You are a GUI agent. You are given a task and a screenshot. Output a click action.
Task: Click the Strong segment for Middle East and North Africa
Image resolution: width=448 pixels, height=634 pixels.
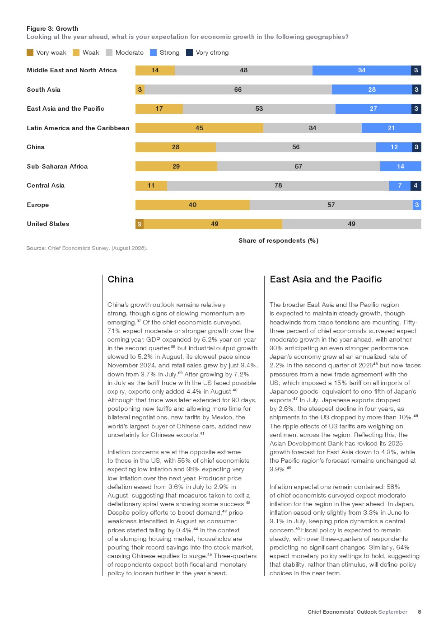(361, 70)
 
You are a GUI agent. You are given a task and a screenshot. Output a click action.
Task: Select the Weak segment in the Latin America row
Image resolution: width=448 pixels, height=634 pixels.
(199, 128)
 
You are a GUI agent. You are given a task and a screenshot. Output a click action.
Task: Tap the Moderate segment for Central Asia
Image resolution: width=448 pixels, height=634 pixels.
(278, 186)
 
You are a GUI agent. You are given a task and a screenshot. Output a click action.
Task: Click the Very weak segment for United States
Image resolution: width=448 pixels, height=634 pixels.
(140, 224)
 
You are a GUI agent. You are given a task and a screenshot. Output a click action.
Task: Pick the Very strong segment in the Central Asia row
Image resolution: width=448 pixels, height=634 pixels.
(416, 186)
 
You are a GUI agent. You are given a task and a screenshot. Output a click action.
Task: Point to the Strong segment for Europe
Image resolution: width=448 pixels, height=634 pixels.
(417, 205)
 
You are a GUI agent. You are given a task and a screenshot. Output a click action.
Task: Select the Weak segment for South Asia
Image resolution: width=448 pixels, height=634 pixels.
(140, 89)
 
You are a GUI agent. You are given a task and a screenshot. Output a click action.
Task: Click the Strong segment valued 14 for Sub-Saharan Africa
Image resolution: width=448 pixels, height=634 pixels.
(401, 166)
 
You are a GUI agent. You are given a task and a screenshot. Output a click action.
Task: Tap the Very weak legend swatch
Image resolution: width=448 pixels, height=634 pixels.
(30, 53)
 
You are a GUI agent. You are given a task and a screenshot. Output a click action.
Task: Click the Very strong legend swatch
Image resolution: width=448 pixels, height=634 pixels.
(190, 53)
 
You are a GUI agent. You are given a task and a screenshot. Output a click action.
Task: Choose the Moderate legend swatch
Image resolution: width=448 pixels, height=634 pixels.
(109, 53)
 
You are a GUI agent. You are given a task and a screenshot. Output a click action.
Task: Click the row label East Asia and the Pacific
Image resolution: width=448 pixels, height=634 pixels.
(65, 109)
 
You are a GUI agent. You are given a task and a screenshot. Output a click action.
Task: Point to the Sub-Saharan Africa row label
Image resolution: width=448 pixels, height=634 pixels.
(57, 166)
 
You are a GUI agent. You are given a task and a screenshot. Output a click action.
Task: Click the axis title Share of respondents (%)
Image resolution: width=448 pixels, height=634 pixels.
(278, 240)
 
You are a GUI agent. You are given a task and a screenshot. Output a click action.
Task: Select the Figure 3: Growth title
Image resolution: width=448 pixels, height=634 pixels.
(52, 28)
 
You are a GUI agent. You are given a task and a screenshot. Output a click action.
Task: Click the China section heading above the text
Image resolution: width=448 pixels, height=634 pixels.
(121, 279)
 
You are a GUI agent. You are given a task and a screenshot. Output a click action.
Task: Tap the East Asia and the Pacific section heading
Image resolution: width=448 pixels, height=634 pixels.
(326, 279)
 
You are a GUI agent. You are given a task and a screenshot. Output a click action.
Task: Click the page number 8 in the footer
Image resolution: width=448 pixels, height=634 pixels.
(420, 612)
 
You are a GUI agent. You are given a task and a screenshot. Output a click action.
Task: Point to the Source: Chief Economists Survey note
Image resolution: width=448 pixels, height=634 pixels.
(87, 248)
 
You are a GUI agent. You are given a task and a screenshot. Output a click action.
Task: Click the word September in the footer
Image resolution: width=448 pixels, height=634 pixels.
(393, 612)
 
